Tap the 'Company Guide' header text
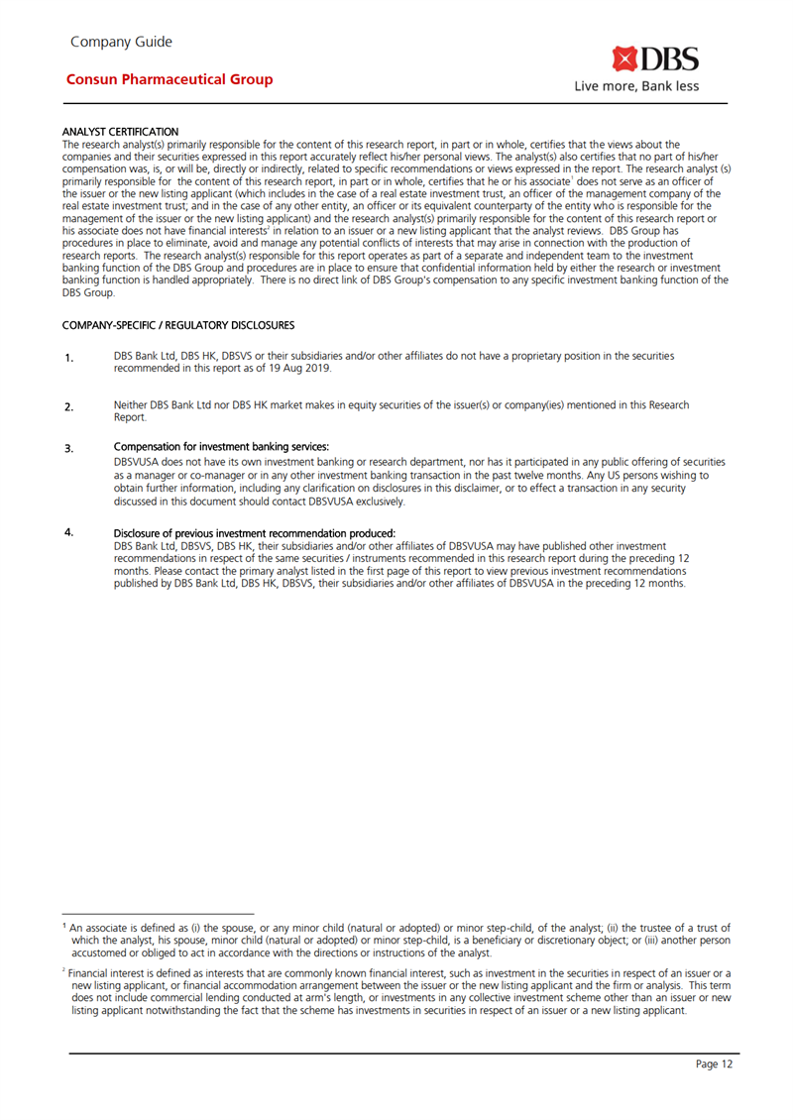click(x=121, y=42)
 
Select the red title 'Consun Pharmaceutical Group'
click(x=169, y=79)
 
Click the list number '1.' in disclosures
click(x=69, y=358)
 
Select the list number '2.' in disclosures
click(x=69, y=407)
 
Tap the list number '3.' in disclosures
click(x=69, y=449)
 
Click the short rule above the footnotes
click(x=159, y=914)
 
